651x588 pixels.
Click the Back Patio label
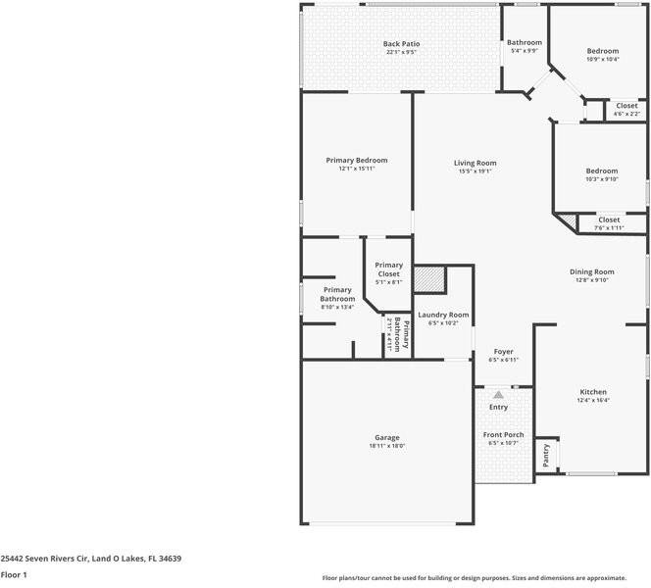coord(400,44)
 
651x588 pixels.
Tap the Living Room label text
coord(475,163)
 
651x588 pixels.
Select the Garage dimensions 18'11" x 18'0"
coord(385,446)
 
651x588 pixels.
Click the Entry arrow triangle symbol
coord(498,394)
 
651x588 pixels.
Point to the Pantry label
coord(546,454)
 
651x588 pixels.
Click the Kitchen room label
coord(593,391)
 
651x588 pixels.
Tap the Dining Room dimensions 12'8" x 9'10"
coord(591,280)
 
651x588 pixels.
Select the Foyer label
coord(503,351)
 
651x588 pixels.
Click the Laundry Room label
coord(443,315)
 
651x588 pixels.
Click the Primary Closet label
coord(388,269)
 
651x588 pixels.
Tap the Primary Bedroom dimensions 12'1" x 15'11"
coord(357,169)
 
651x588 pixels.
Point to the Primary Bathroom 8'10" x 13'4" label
coord(337,298)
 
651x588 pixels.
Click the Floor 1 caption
coord(14,574)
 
